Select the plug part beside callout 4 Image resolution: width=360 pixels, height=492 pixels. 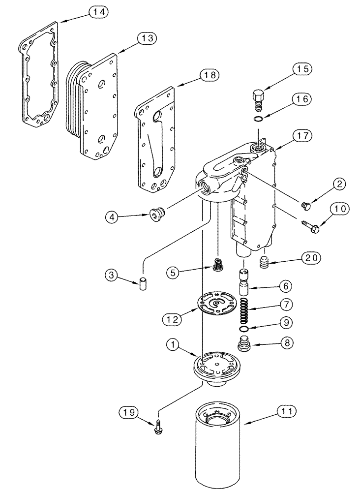(156, 214)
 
